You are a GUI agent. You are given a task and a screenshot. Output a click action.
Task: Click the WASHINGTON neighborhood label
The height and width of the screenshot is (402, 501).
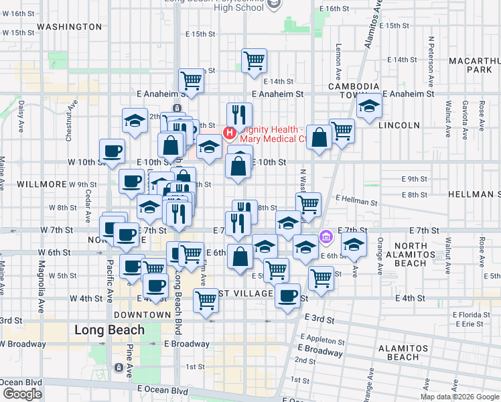pos(70,27)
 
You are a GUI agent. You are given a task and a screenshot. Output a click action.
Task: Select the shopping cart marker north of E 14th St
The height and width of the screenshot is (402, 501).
pos(254,61)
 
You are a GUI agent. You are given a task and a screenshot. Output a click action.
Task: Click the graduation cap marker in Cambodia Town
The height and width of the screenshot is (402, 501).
pos(368,107)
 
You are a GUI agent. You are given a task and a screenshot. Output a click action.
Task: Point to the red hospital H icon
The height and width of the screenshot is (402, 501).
pos(229,133)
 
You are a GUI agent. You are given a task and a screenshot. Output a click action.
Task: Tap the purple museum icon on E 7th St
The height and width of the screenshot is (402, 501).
pos(326,236)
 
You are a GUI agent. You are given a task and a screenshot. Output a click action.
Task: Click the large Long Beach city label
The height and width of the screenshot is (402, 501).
pos(109,330)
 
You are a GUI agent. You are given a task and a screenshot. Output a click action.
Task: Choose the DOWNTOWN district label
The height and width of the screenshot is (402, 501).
pos(142,314)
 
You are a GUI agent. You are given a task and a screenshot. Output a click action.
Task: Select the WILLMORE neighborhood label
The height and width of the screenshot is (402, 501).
pos(42,184)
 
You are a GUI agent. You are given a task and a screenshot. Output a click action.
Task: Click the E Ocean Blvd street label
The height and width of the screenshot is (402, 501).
pos(163,389)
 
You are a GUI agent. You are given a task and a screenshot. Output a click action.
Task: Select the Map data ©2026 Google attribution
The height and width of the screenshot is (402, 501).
pos(459,397)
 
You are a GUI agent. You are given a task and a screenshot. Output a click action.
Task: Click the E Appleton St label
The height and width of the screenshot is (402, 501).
pos(323,337)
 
